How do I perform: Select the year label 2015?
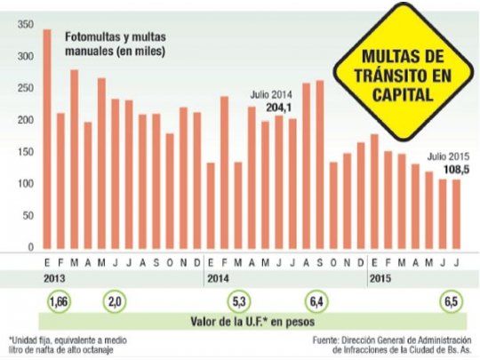pyautogui.click(x=380, y=277)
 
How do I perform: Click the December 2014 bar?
pyautogui.click(x=360, y=195)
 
